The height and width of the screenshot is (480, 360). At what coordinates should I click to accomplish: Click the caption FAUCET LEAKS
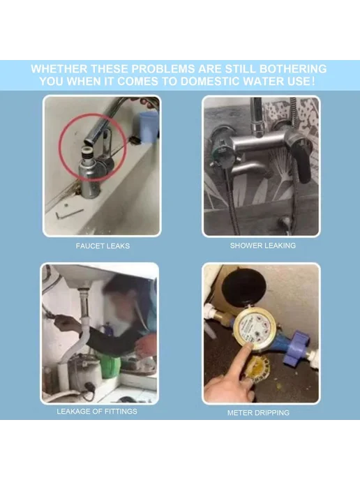tap(103, 246)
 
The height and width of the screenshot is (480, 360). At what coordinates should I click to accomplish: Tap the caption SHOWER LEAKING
tap(262, 246)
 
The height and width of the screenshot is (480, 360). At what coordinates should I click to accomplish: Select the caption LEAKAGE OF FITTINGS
tap(97, 411)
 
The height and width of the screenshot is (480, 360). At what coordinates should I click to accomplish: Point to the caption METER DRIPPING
tap(258, 412)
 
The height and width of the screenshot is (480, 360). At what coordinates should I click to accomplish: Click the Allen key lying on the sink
tap(69, 213)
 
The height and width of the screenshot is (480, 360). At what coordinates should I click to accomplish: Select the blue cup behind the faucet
tap(149, 127)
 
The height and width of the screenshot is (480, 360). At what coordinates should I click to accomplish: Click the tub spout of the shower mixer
tap(248, 169)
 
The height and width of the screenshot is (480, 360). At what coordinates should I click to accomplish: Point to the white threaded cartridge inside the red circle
tap(87, 153)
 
